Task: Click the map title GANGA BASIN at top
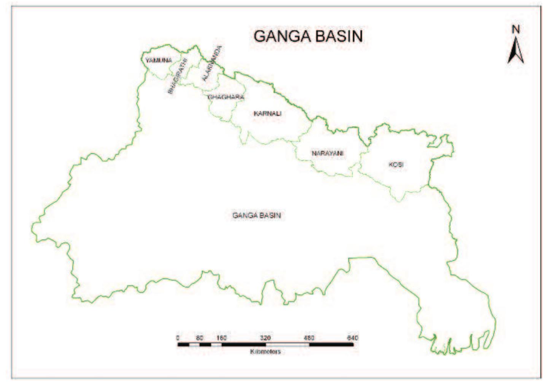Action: pyautogui.click(x=308, y=36)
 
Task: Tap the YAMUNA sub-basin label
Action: pyautogui.click(x=158, y=60)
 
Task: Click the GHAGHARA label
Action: pyautogui.click(x=226, y=97)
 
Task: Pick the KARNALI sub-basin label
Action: pyautogui.click(x=267, y=113)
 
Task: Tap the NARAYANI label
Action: pyautogui.click(x=328, y=153)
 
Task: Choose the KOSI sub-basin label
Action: pyautogui.click(x=396, y=165)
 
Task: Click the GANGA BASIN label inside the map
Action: pyautogui.click(x=256, y=215)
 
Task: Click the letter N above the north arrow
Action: pyautogui.click(x=516, y=29)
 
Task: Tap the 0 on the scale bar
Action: pyautogui.click(x=178, y=338)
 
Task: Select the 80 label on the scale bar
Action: pyautogui.click(x=200, y=338)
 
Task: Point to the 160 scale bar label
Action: pyautogui.click(x=221, y=338)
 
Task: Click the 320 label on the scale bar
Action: pyautogui.click(x=265, y=338)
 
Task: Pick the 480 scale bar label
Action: pyautogui.click(x=309, y=338)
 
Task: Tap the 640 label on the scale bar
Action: pyautogui.click(x=353, y=338)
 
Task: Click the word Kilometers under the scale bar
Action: pyautogui.click(x=265, y=351)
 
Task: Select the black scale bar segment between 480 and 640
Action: pyautogui.click(x=331, y=345)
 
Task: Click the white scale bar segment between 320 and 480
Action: pyautogui.click(x=287, y=345)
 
